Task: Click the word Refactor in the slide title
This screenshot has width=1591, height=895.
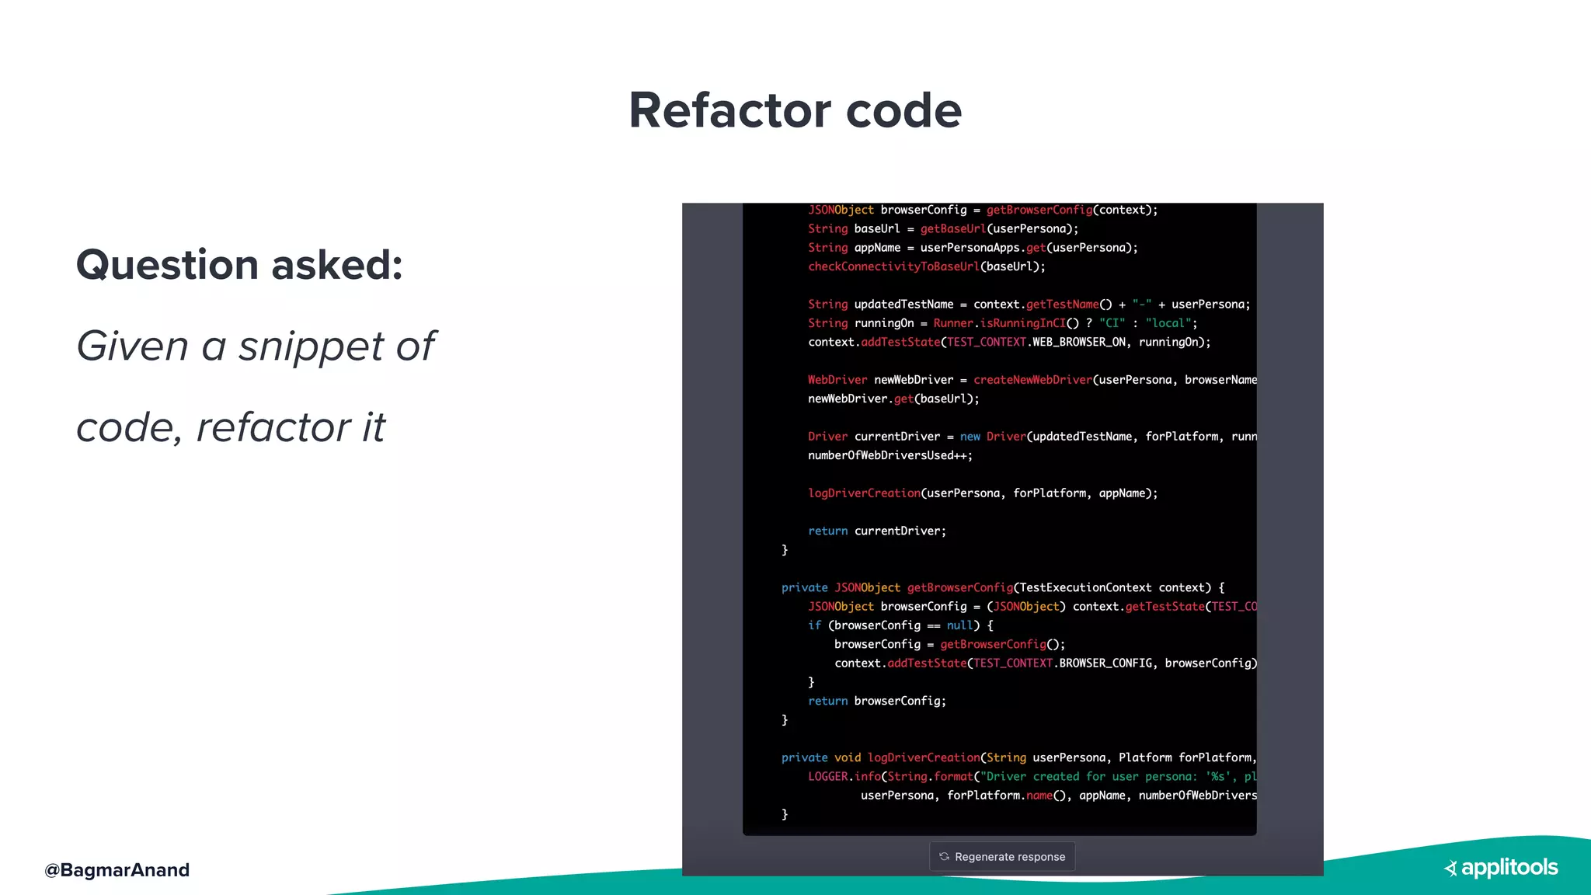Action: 729,110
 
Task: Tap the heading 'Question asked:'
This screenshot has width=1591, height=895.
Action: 239,265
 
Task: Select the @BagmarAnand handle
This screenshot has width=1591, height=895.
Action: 117,870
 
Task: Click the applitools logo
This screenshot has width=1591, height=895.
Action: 1501,868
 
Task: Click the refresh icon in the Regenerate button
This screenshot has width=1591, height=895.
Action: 944,856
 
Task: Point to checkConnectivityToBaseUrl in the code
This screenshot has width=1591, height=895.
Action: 893,266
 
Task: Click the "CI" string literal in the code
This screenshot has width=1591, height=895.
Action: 1112,323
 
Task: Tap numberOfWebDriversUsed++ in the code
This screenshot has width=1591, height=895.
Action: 889,455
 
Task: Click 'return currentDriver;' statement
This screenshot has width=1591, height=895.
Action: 877,531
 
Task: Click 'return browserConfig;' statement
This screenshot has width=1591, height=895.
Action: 877,701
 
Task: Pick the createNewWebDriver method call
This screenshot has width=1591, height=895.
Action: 1032,380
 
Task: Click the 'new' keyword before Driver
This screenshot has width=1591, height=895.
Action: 970,437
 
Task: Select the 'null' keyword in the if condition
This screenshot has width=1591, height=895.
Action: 959,625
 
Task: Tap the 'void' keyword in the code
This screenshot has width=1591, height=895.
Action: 848,757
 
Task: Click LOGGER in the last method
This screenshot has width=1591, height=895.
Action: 827,776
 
